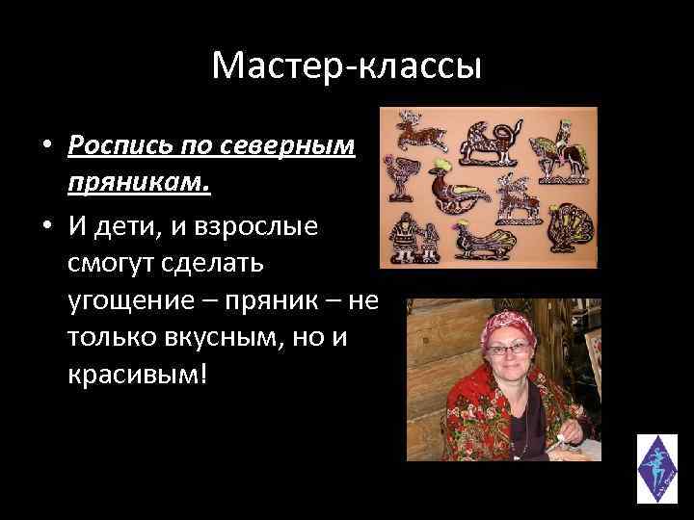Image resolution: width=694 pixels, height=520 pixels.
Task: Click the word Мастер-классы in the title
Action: [x=346, y=66]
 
